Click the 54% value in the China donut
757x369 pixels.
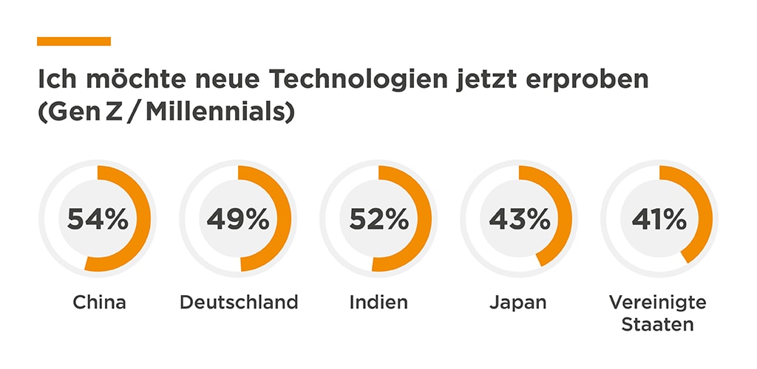tap(98, 219)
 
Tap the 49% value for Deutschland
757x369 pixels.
tap(238, 219)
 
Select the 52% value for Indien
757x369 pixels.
tap(378, 219)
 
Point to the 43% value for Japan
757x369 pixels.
tap(519, 219)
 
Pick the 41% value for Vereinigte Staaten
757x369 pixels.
tap(659, 219)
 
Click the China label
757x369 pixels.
tap(99, 302)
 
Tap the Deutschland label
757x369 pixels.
tap(239, 302)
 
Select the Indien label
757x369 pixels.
tap(378, 302)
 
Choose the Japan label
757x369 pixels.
tap(518, 302)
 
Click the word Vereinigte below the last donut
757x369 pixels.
tap(658, 302)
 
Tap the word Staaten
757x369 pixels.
tap(658, 324)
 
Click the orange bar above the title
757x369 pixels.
tap(74, 41)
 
